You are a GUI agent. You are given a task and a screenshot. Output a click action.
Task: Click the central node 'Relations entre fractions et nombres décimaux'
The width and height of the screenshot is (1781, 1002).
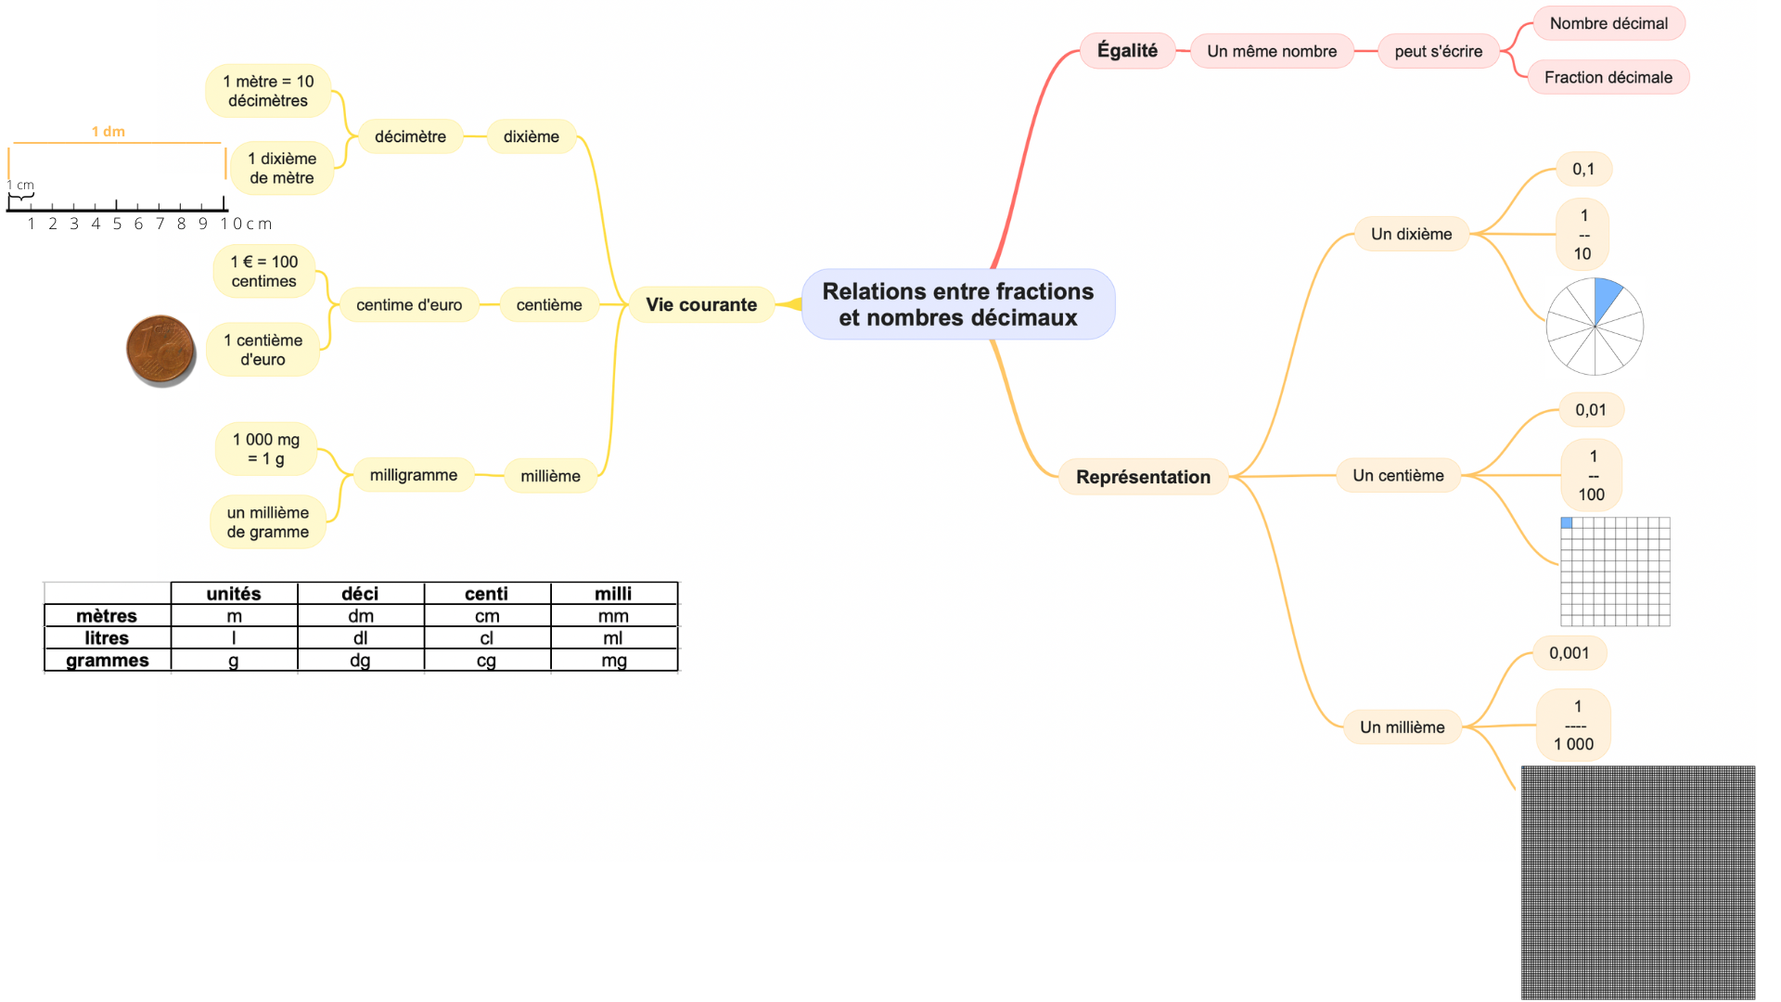click(x=957, y=304)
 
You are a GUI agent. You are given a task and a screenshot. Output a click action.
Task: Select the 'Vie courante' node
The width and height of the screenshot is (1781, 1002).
click(x=701, y=304)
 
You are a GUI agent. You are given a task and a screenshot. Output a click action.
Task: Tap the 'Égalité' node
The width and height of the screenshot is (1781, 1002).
click(x=1127, y=50)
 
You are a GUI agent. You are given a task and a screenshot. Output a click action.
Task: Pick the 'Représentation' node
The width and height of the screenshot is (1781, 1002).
click(x=1143, y=477)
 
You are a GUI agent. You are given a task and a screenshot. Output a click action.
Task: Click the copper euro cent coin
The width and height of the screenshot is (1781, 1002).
click(x=161, y=350)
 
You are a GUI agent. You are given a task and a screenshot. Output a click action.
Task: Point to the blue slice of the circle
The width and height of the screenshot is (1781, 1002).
click(x=1607, y=298)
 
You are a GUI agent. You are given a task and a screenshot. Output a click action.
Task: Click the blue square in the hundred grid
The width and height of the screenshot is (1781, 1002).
click(x=1567, y=523)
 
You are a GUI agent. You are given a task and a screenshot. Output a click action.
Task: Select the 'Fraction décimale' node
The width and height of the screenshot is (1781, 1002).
click(x=1608, y=78)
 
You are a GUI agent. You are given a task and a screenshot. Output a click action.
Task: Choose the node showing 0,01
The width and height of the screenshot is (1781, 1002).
click(x=1590, y=410)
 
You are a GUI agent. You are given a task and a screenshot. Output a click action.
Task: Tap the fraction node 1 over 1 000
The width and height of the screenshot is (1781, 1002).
click(x=1573, y=726)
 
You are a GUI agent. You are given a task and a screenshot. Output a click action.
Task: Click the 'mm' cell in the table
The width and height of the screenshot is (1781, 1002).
click(x=613, y=616)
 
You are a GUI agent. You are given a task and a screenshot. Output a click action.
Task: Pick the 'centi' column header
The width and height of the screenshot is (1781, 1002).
click(x=486, y=594)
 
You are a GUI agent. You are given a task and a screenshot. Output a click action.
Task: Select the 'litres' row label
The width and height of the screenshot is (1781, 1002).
click(x=107, y=638)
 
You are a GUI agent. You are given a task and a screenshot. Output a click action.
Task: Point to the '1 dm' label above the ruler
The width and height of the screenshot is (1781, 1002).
click(x=108, y=132)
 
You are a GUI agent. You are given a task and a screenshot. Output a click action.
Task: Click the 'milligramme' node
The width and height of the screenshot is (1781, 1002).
click(x=414, y=475)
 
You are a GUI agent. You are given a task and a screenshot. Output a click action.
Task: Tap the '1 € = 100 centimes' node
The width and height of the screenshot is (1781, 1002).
click(x=264, y=272)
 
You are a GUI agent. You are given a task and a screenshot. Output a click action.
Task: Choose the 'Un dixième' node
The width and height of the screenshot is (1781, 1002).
click(x=1411, y=234)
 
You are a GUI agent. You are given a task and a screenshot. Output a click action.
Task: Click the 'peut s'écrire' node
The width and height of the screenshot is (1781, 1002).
click(x=1438, y=51)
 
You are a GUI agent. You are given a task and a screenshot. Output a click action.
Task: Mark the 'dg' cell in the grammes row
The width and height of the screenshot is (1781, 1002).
click(x=360, y=661)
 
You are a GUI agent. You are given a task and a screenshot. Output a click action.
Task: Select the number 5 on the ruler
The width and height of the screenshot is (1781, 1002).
click(x=117, y=224)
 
